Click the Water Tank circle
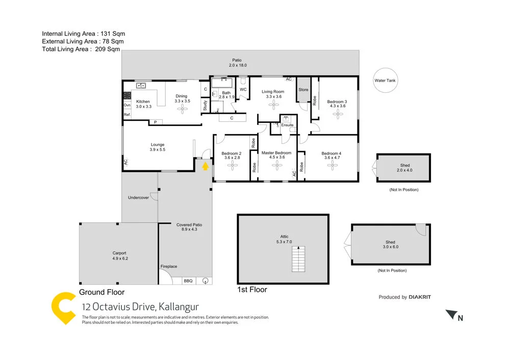pos(385,80)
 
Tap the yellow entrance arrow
pos(205,165)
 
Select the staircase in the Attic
pos(298,260)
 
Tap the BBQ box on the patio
pos(188,280)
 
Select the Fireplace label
pos(169,266)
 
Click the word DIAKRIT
pos(423,297)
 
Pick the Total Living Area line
pos(81,49)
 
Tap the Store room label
pos(303,90)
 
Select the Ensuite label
pos(287,125)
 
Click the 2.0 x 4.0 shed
pos(404,168)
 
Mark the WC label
pos(243,90)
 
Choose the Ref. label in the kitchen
pos(127,115)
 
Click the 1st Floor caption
pos(252,290)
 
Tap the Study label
pos(205,106)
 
